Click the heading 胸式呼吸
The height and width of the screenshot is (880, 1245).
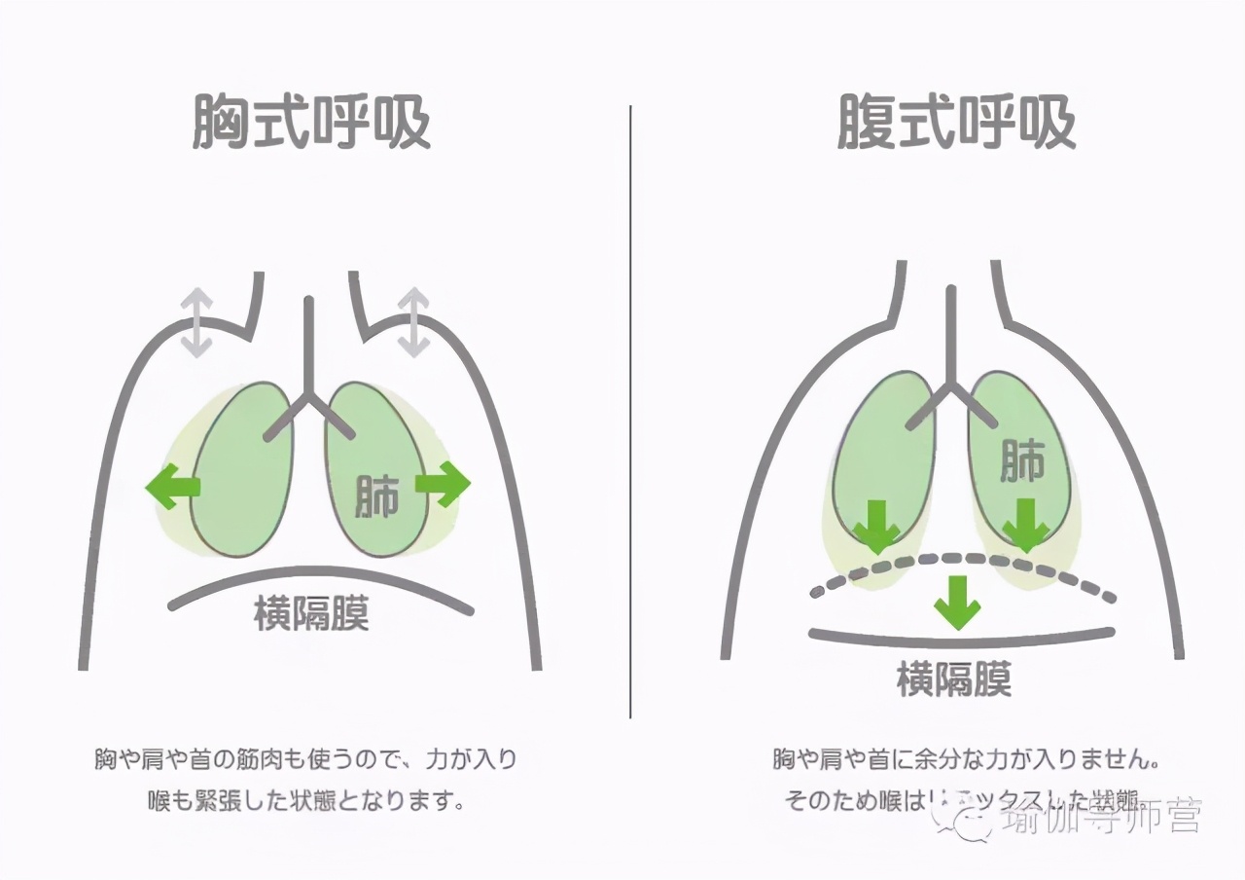pos(311,122)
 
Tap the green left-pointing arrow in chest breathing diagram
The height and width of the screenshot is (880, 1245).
pos(173,486)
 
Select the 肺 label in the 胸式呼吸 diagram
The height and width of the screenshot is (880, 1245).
pos(377,495)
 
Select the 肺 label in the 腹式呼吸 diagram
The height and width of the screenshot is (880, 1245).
pos(1022,460)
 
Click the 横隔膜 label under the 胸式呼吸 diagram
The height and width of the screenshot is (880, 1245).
pos(311,613)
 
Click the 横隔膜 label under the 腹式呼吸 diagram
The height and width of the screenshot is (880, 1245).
pos(954,678)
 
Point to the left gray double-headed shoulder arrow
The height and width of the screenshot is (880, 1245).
pos(197,322)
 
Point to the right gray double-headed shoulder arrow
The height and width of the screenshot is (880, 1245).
pos(414,322)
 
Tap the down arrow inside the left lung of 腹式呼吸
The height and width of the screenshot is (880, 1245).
pos(877,526)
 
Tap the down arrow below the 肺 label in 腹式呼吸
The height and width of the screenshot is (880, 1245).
pos(1025,526)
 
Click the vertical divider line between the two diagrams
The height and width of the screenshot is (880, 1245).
pos(630,409)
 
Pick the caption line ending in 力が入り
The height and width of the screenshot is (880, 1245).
pos(305,759)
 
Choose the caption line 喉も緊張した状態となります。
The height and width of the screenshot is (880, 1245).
pos(305,802)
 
